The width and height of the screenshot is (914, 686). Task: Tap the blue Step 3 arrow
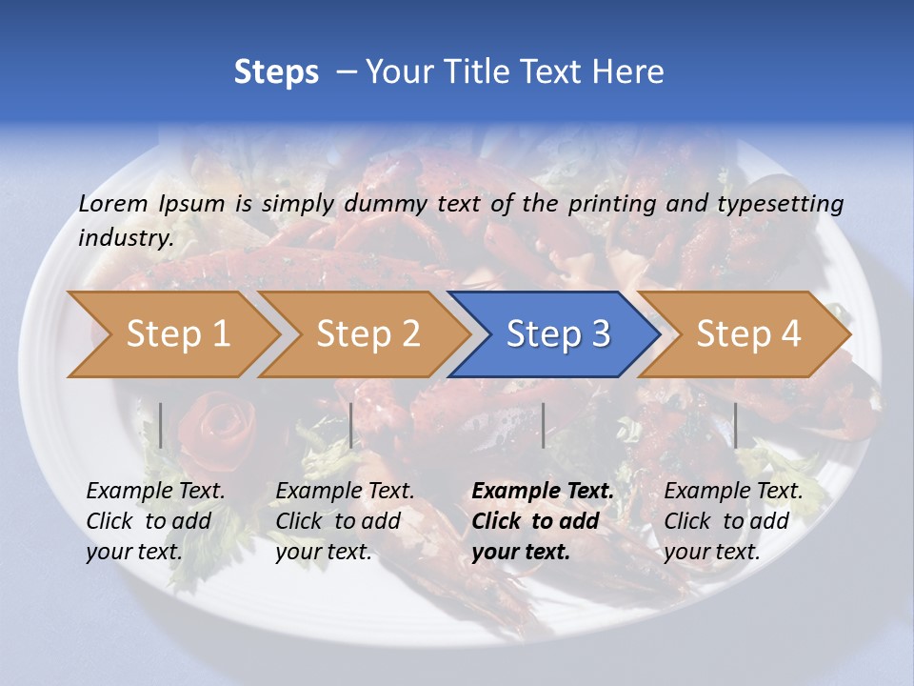click(558, 334)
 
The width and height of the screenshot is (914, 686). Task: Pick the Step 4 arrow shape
click(748, 334)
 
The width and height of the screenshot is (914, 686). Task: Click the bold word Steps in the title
click(276, 71)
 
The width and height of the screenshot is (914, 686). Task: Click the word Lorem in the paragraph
click(113, 203)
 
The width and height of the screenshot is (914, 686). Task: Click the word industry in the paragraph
click(125, 237)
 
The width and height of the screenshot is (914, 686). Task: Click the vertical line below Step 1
click(161, 425)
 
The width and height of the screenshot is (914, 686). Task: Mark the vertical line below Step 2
click(351, 425)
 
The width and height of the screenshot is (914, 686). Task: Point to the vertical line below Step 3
click(543, 425)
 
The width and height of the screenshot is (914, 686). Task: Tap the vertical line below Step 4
click(735, 425)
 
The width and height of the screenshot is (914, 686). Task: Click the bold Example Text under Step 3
click(543, 491)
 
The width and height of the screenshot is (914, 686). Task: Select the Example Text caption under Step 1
click(155, 491)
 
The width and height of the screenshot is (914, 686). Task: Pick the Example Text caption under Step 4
click(733, 491)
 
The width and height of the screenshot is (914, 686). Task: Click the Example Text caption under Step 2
click(345, 491)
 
